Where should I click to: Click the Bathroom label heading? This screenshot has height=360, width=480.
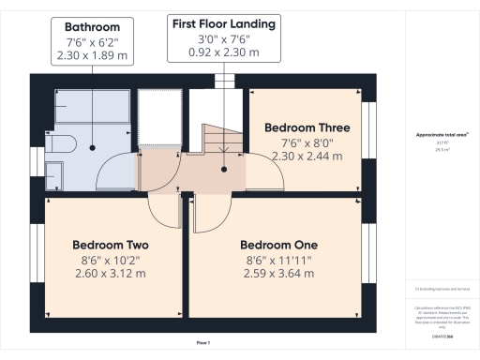coord(92,26)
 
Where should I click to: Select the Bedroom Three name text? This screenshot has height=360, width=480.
coord(307,127)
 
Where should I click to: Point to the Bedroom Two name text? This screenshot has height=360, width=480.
coord(110,246)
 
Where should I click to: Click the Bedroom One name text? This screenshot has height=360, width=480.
coord(277,246)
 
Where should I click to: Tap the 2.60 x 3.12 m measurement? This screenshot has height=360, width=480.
coord(110,274)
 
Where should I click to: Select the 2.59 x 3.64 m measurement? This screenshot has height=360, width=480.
coord(277,274)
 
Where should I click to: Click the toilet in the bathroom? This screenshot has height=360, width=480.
coord(55,174)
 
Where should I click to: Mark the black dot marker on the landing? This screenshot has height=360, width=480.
coord(224,170)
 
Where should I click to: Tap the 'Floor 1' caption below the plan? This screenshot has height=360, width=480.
coord(203,345)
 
